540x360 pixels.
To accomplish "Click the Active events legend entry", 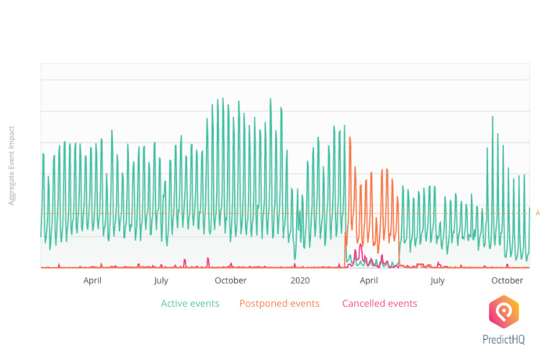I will point(190,303).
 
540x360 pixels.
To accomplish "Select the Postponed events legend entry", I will point(279,303).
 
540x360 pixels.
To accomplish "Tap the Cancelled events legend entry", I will point(379,303).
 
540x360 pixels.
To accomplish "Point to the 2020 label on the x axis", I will point(300,281).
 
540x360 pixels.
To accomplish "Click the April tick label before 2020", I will point(92,281).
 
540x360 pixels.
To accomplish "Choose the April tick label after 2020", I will point(369,281).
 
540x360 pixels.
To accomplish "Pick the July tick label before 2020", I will point(161,281).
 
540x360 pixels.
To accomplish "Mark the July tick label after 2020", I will point(437,281).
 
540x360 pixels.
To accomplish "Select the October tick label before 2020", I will point(230,281).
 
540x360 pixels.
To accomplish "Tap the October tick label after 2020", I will point(507,281).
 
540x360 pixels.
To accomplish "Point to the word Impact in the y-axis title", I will point(12,136).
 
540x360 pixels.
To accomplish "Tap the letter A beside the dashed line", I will point(537,213).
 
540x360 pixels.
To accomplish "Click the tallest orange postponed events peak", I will point(350,138).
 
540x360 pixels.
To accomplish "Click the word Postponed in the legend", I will point(261,303).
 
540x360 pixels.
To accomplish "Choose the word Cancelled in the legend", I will point(363,303).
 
